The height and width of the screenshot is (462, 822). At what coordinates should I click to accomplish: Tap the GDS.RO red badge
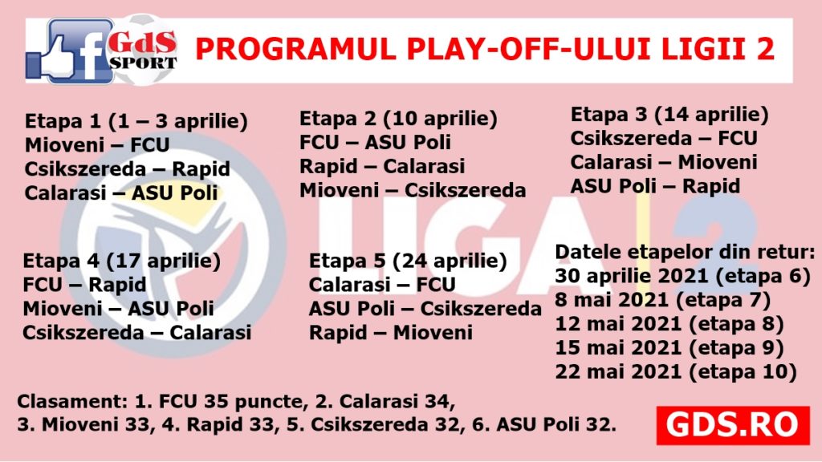(732, 425)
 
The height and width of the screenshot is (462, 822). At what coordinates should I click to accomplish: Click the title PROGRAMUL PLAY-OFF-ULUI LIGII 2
(485, 49)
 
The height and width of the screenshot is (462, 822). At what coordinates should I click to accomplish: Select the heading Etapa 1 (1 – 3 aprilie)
(136, 122)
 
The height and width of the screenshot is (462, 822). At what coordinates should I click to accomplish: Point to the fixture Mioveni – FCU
(97, 145)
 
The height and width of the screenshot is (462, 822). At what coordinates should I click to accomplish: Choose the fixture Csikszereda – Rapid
(128, 169)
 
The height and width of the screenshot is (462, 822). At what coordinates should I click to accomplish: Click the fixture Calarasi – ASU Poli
(121, 192)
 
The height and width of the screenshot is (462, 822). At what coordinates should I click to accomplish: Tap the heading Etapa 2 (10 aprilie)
(398, 119)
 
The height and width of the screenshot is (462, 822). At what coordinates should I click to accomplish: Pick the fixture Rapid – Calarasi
(382, 167)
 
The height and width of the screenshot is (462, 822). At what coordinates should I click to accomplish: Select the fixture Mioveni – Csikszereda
(413, 190)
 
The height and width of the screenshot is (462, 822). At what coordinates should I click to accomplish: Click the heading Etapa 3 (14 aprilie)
(669, 115)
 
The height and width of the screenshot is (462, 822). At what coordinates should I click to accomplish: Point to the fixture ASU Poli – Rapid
(655, 186)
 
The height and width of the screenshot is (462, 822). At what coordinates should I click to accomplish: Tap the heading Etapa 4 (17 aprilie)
(122, 261)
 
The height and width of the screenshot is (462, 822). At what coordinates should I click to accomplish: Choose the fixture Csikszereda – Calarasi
(136, 333)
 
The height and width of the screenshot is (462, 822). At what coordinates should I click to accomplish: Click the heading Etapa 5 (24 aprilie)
(408, 261)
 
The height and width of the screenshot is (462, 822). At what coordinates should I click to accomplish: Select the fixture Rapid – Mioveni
(391, 333)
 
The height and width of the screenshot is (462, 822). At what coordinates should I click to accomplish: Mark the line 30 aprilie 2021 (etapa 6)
(683, 276)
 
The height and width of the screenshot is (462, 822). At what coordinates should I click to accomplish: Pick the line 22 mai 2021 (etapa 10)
(676, 372)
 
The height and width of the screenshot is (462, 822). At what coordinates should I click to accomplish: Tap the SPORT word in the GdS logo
(143, 64)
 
